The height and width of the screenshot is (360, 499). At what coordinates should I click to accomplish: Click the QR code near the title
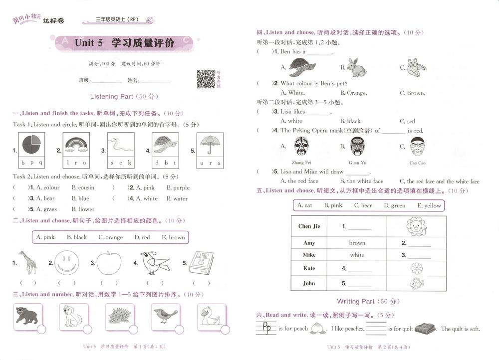pyautogui.click(x=206, y=79)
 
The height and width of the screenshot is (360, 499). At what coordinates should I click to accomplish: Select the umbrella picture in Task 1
pyautogui.click(x=210, y=145)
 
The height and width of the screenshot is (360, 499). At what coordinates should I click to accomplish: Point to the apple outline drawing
pyautogui.click(x=109, y=263)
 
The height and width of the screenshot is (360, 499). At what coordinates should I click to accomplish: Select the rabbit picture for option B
pyautogui.click(x=356, y=67)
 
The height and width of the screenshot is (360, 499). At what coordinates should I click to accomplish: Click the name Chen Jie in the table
pyautogui.click(x=309, y=226)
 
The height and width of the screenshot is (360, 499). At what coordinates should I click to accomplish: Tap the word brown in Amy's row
pyautogui.click(x=357, y=243)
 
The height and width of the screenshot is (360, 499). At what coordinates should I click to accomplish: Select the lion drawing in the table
pyautogui.click(x=416, y=226)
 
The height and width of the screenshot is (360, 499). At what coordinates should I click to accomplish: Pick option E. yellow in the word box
pyautogui.click(x=429, y=205)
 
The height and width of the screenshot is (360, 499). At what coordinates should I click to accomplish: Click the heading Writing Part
pyautogui.click(x=368, y=301)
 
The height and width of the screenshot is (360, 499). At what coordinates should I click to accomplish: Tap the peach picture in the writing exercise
pyautogui.click(x=315, y=329)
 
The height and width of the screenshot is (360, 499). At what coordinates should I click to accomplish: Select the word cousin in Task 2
pyautogui.click(x=83, y=187)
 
